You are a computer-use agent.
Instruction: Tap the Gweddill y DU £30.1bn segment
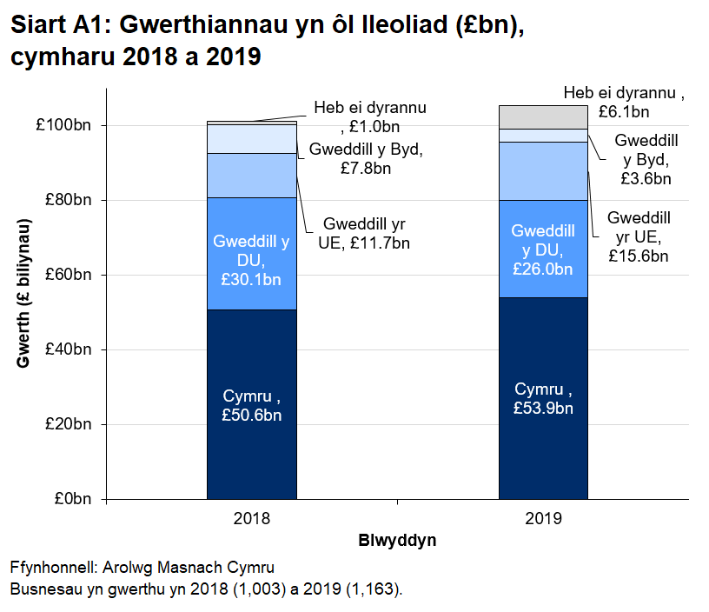(x=252, y=254)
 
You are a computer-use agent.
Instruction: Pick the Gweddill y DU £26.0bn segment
(x=543, y=249)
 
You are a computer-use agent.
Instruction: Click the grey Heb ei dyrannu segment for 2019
(x=543, y=116)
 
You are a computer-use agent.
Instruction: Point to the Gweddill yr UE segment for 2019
(x=543, y=171)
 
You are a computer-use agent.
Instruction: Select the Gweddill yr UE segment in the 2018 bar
(x=252, y=176)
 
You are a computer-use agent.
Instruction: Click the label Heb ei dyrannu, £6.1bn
(x=623, y=102)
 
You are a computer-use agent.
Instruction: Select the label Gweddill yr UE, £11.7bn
(x=364, y=232)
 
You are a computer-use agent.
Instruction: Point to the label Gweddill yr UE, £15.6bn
(x=638, y=236)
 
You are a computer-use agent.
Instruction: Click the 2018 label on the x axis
(x=252, y=519)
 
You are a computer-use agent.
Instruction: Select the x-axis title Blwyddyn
(x=397, y=541)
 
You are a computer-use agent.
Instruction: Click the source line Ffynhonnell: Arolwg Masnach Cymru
(x=142, y=567)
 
